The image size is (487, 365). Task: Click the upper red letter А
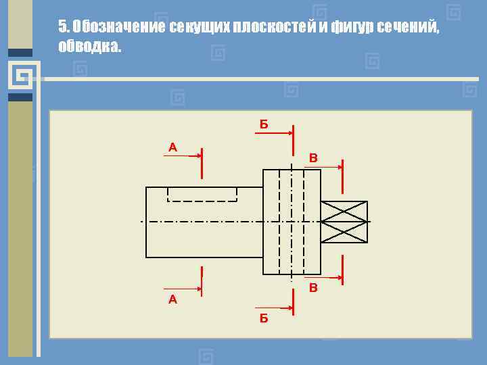(x=172, y=147)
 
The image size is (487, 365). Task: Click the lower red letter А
(x=172, y=299)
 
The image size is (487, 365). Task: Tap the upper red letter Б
(x=264, y=124)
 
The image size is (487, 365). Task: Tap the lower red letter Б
(x=264, y=318)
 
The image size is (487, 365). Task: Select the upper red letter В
(x=313, y=158)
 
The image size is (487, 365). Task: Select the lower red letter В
(x=313, y=289)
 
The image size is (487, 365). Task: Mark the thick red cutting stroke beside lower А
(x=202, y=281)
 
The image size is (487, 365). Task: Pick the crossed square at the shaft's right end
(x=344, y=222)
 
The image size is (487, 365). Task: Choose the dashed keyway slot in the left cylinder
(x=202, y=195)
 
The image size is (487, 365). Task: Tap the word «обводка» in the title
(x=89, y=46)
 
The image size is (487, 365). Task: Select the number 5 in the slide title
(x=63, y=26)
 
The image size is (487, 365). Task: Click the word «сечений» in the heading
(x=407, y=26)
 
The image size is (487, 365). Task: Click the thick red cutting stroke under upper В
(x=342, y=175)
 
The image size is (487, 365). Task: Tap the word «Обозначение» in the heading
(x=118, y=26)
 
